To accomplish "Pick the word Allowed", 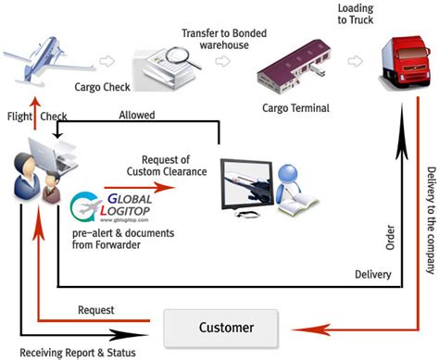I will (x=137, y=115).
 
